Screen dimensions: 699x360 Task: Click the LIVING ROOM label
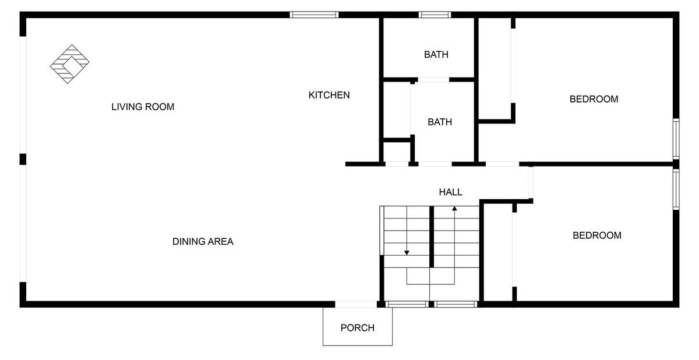click(143, 107)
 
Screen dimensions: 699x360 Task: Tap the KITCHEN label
click(329, 95)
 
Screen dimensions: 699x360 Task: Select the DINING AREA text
click(203, 241)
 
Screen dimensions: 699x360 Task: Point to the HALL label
click(451, 192)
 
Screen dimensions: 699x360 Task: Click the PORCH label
click(357, 328)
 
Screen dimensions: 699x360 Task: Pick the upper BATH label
click(436, 55)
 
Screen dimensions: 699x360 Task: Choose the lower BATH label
click(440, 122)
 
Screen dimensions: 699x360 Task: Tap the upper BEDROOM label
click(594, 99)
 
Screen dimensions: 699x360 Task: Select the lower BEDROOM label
click(597, 235)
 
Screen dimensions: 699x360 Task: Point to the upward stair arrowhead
click(454, 209)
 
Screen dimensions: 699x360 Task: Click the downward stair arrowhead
click(407, 253)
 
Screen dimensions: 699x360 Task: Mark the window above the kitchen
click(314, 15)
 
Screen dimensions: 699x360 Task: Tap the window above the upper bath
click(435, 15)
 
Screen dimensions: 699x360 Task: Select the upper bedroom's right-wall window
click(676, 139)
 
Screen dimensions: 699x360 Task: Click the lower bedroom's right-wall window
click(676, 189)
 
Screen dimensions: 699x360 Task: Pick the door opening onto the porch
click(356, 304)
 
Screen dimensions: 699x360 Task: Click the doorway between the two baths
click(433, 80)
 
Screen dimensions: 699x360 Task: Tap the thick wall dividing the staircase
click(432, 237)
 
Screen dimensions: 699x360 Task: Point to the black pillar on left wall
click(23, 159)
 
